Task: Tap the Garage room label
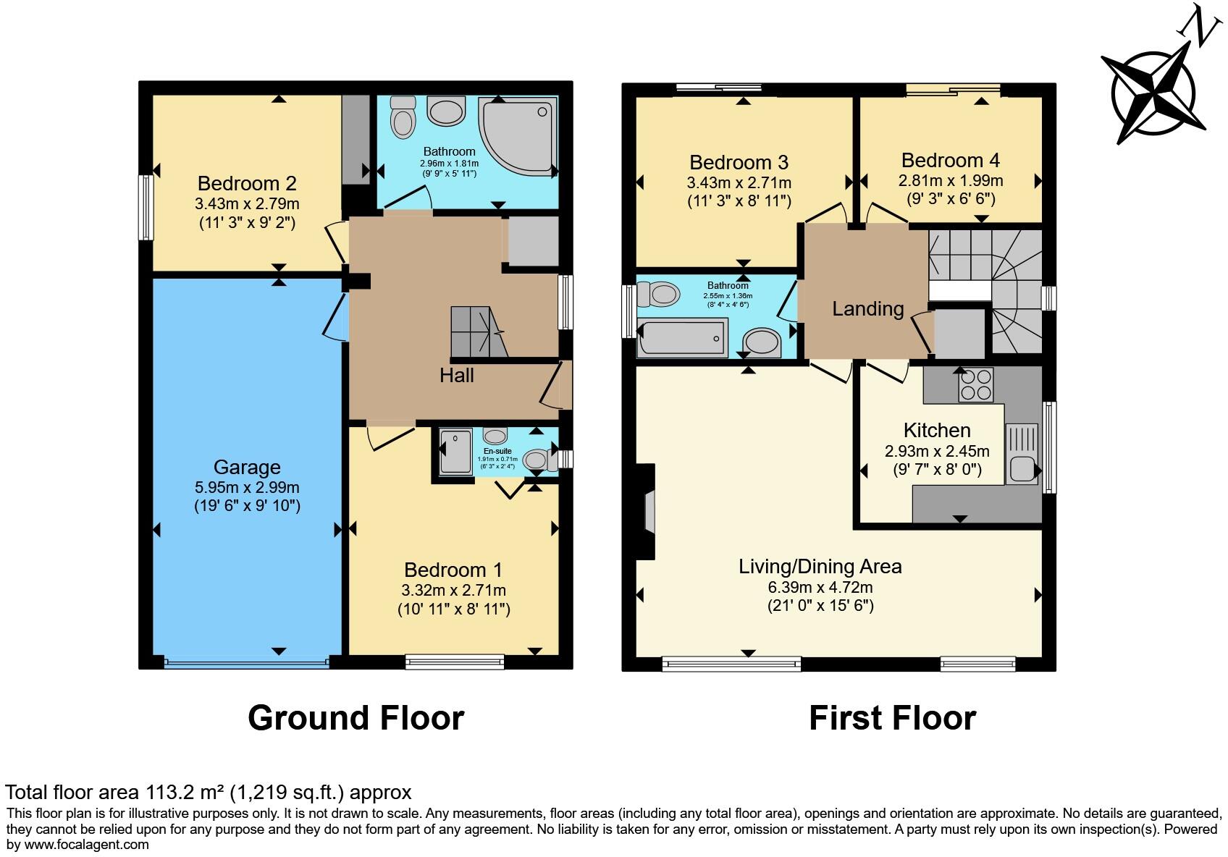(x=247, y=467)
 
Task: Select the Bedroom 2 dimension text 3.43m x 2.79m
(x=247, y=204)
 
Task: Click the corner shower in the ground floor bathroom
(x=517, y=136)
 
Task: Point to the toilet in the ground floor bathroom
(x=403, y=117)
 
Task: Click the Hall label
(x=457, y=376)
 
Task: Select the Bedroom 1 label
(x=453, y=570)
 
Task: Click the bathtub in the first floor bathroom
(x=682, y=338)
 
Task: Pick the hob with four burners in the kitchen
(x=976, y=384)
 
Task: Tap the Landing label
(x=868, y=309)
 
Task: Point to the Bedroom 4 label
(x=950, y=160)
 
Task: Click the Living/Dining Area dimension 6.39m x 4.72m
(x=820, y=588)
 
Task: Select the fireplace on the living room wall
(x=645, y=512)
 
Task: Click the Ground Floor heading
(x=356, y=718)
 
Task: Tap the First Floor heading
(x=893, y=718)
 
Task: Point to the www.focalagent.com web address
(x=86, y=845)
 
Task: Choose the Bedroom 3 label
(x=739, y=162)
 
